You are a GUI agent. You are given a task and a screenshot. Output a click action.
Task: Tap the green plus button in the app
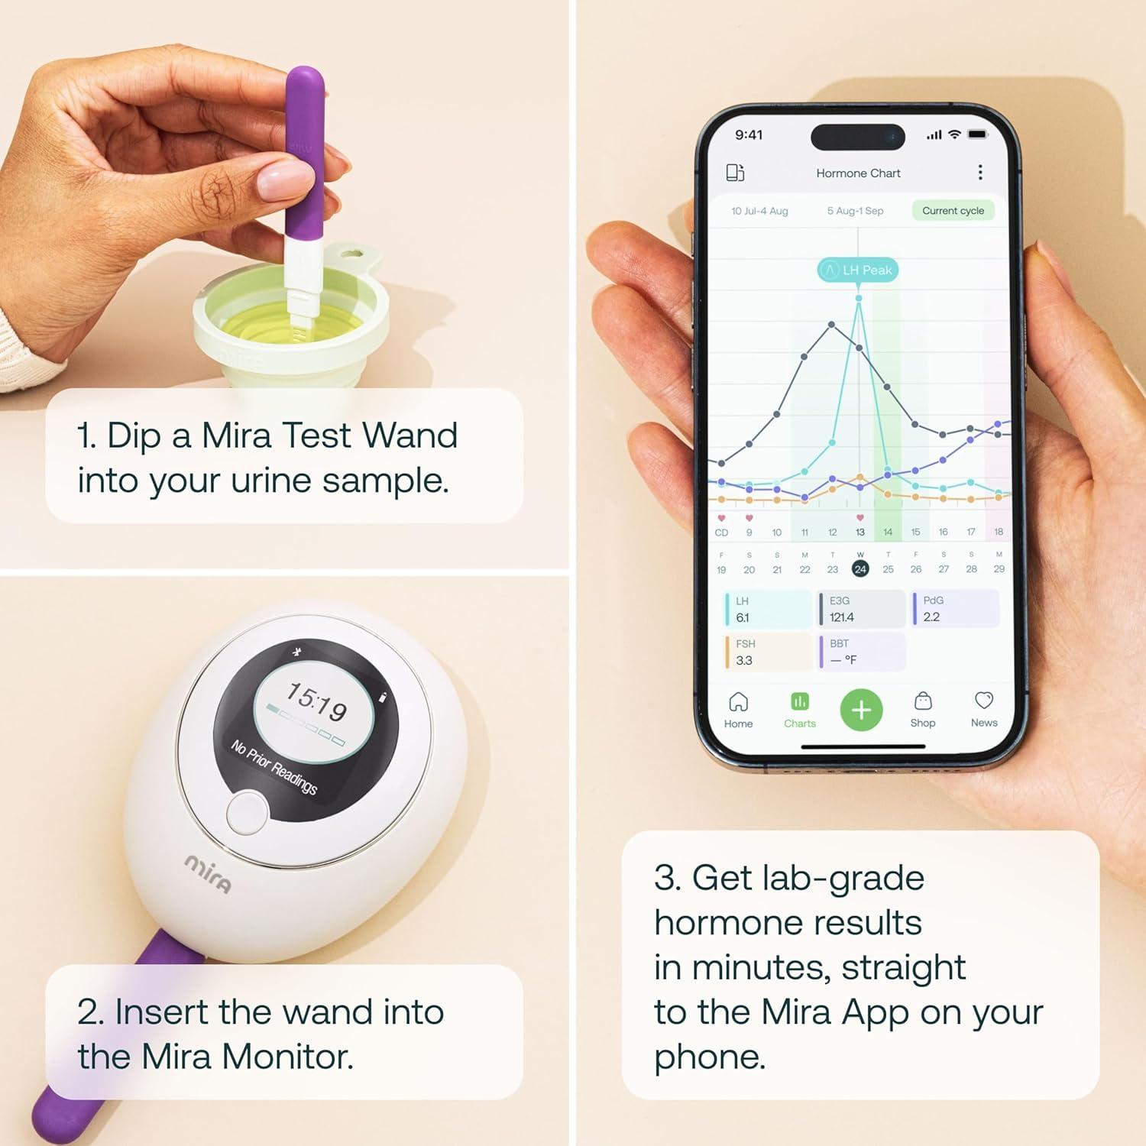click(861, 711)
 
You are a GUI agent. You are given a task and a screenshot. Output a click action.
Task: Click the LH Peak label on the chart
click(858, 270)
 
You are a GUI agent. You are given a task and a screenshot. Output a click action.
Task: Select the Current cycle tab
click(953, 211)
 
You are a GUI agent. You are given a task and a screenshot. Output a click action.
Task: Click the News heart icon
click(984, 701)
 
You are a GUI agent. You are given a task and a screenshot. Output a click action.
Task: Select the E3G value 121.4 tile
click(862, 609)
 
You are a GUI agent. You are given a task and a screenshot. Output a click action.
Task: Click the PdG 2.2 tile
click(955, 609)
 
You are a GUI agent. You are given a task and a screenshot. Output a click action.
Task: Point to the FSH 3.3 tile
click(767, 652)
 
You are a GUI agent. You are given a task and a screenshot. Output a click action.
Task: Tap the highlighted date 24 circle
click(860, 569)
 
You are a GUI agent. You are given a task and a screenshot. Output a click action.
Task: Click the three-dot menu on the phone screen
click(980, 173)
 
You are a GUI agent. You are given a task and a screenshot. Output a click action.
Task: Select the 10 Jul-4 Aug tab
click(759, 211)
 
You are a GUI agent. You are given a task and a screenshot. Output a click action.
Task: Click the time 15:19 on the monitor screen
click(317, 702)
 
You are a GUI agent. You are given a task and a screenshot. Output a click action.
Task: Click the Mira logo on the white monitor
click(208, 873)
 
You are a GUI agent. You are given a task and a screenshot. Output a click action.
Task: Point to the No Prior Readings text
click(274, 767)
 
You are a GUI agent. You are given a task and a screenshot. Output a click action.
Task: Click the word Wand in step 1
click(410, 436)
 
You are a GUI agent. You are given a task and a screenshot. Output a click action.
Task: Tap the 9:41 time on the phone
click(749, 135)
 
